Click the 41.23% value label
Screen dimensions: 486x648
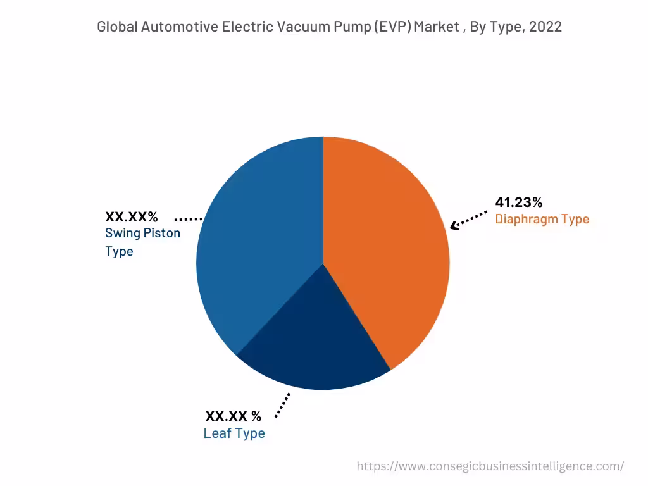click(x=518, y=202)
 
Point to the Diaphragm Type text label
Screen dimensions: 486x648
click(x=542, y=220)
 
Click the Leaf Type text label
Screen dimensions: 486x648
click(x=234, y=433)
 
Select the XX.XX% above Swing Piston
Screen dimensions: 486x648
click(x=132, y=217)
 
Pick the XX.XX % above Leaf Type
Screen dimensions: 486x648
click(x=233, y=416)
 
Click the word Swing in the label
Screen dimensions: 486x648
click(x=122, y=233)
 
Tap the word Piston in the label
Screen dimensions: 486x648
click(x=161, y=233)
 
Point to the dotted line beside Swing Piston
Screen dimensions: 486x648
click(x=188, y=219)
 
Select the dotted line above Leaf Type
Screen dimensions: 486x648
click(x=283, y=405)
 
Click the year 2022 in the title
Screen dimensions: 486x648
click(x=545, y=27)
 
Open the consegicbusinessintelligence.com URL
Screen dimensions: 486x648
click(x=490, y=466)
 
